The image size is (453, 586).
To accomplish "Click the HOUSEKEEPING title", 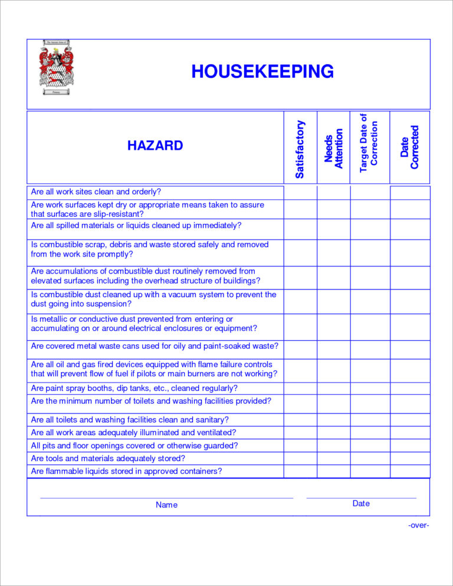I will (262, 72).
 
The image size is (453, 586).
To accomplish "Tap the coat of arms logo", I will (57, 67).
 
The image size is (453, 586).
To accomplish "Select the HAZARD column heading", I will (155, 146).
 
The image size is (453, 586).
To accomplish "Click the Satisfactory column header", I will (300, 149).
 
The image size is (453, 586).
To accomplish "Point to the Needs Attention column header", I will (334, 149).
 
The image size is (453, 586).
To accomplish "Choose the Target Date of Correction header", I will (369, 144).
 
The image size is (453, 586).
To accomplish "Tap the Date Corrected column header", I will (409, 147).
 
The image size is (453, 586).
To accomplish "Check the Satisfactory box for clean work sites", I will (300, 192).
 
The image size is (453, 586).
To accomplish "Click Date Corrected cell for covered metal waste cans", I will (410, 349).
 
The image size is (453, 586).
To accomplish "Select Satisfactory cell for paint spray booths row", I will (300, 389).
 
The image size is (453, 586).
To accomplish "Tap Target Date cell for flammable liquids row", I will (370, 471).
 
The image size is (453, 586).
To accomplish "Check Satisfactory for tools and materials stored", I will (300, 458).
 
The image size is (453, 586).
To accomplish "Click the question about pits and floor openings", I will (134, 446).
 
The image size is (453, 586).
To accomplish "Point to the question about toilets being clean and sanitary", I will (130, 420).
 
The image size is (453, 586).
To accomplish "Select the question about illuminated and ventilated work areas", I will (133, 433).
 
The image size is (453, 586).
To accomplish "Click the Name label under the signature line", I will (166, 505).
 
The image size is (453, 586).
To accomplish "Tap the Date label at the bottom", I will (361, 503).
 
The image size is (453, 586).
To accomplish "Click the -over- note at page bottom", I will (418, 525).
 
